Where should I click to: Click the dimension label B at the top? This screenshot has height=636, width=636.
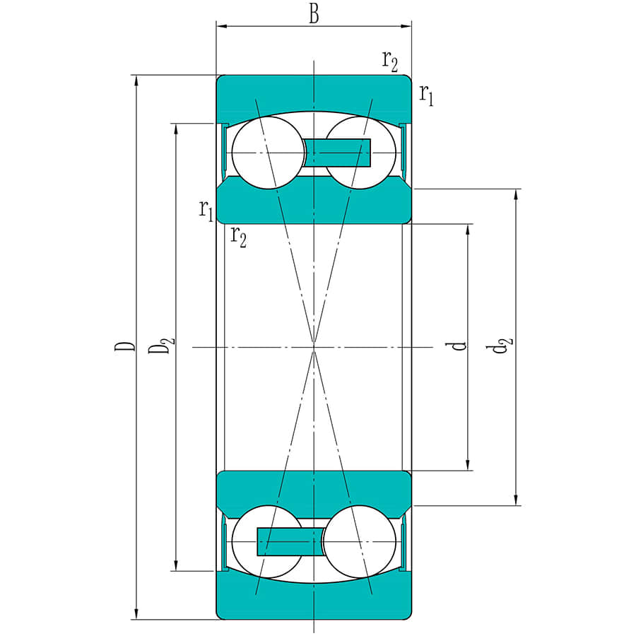[313, 15]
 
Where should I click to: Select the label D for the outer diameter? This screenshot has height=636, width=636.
[124, 346]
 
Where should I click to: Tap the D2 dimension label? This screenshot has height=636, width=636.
[162, 346]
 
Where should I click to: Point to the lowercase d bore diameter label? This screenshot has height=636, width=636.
[459, 346]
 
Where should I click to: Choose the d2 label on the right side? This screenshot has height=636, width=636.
[502, 346]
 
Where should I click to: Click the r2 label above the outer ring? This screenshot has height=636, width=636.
[390, 61]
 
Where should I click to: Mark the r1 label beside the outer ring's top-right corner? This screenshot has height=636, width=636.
[426, 93]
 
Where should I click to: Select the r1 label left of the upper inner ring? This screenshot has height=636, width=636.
[206, 210]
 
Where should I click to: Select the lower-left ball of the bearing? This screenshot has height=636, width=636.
[267, 541]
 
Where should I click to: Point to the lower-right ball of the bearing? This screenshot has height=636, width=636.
[359, 541]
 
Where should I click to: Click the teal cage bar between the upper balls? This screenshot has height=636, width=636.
[337, 153]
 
